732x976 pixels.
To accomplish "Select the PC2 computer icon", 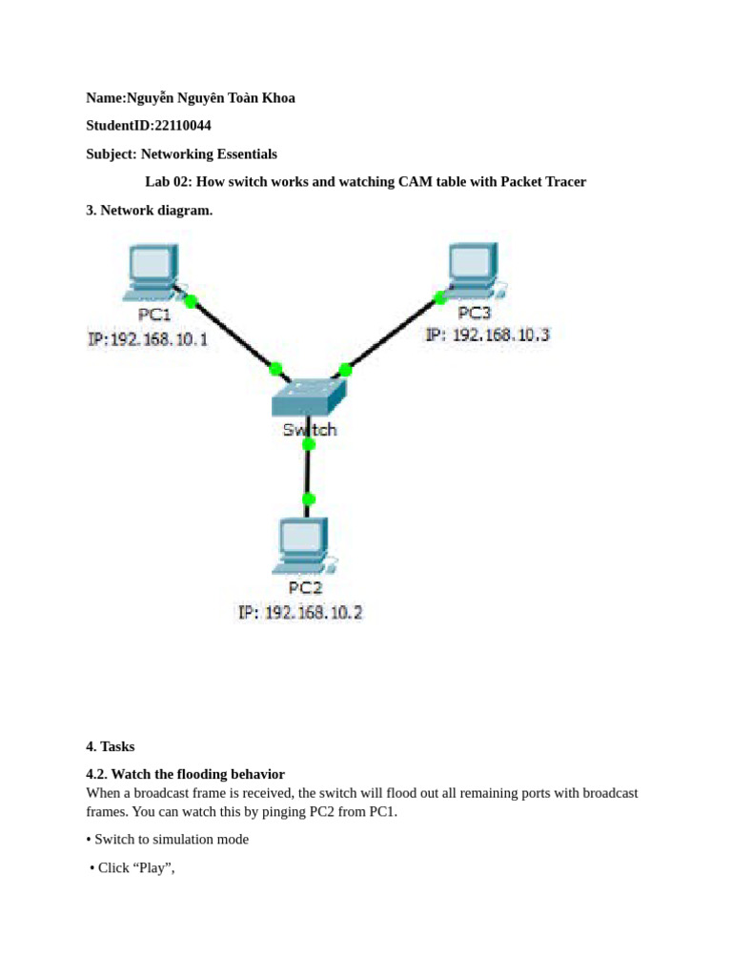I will click(x=300, y=544).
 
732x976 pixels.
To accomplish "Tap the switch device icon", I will click(x=308, y=396).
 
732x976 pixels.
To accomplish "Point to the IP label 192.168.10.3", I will click(x=487, y=335).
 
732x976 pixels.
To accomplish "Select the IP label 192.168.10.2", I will click(x=300, y=613).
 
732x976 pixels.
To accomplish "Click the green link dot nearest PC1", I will click(x=191, y=301).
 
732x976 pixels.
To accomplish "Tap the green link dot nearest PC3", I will click(x=439, y=298).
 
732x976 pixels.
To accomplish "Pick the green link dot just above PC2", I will click(x=308, y=498).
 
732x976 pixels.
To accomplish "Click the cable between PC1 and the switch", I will click(x=234, y=335).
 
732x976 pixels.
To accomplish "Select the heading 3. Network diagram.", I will click(x=149, y=210).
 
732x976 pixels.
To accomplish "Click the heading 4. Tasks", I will click(x=111, y=747).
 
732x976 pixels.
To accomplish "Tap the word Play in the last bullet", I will click(x=152, y=868).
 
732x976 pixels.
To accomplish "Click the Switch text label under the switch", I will click(x=309, y=430).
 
